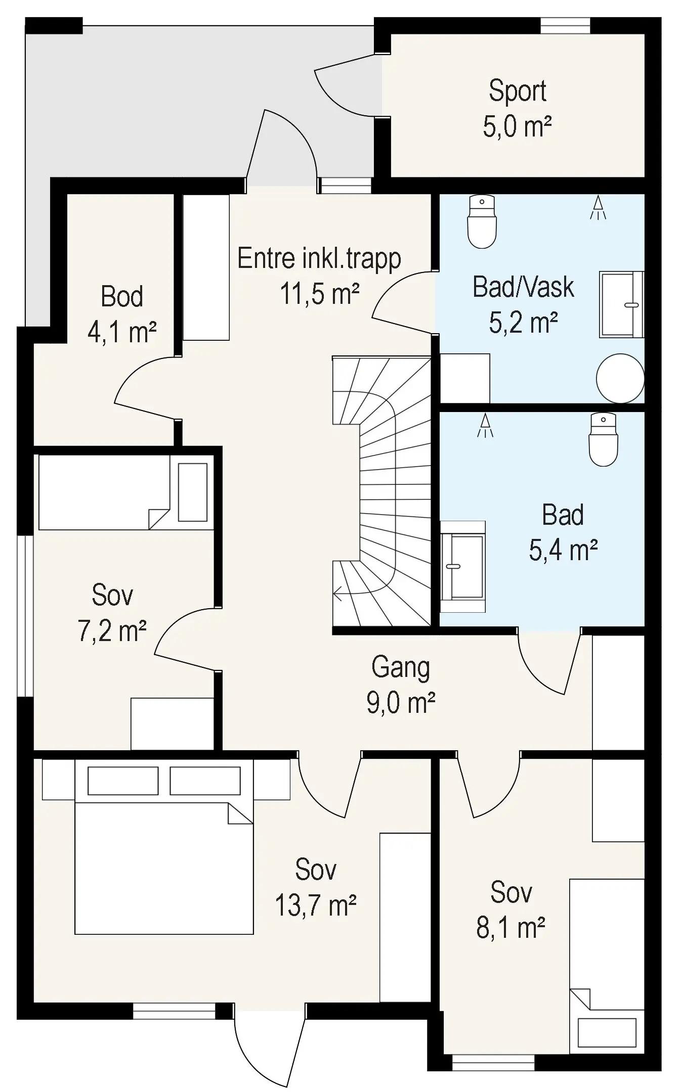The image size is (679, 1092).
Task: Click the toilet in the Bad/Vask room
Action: (482, 221)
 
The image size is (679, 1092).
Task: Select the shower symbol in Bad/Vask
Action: (598, 207)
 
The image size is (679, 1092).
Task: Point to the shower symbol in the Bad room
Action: (485, 425)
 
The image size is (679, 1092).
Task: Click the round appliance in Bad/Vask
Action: (620, 378)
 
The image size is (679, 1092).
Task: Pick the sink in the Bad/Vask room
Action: (621, 304)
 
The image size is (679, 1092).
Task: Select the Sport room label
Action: (518, 92)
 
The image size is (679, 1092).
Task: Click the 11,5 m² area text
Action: (320, 294)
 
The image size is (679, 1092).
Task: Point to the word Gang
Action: (401, 668)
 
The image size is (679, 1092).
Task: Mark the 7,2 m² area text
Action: (112, 631)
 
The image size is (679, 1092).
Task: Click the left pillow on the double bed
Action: (123, 781)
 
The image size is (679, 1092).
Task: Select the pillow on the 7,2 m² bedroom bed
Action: (193, 492)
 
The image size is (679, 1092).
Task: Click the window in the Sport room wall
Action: (565, 26)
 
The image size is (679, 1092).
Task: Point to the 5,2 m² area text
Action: (523, 322)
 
